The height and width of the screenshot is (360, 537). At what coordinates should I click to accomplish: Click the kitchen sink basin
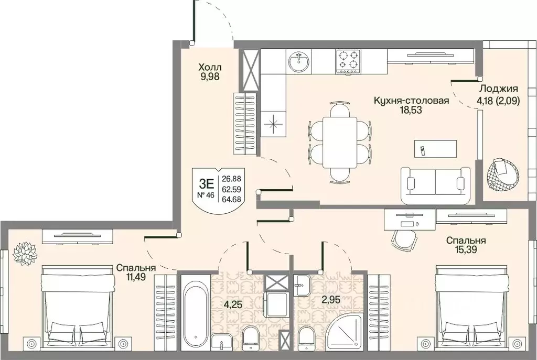pyautogui.click(x=298, y=62)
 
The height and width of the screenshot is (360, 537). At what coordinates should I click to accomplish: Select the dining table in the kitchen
pyautogui.click(x=340, y=143)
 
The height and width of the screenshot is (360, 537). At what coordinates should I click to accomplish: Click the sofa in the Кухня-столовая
pyautogui.click(x=435, y=186)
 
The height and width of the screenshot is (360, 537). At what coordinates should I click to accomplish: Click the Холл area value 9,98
pyautogui.click(x=210, y=77)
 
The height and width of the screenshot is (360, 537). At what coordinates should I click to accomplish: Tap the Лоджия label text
pyautogui.click(x=498, y=88)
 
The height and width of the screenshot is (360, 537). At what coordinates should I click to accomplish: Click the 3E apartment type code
pyautogui.click(x=206, y=184)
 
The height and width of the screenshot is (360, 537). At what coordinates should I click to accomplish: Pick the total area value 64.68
pyautogui.click(x=231, y=199)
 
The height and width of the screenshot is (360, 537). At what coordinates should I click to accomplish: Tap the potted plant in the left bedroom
pyautogui.click(x=25, y=253)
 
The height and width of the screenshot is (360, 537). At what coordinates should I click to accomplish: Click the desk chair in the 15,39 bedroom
pyautogui.click(x=404, y=241)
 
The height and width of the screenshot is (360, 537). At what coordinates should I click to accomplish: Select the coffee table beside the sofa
pyautogui.click(x=436, y=148)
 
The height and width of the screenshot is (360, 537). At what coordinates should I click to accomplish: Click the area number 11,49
pyautogui.click(x=136, y=277)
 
